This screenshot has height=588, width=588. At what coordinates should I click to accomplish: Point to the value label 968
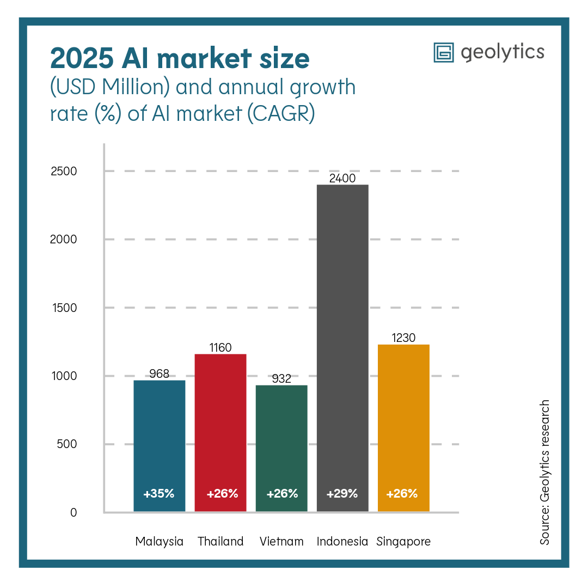click(160, 374)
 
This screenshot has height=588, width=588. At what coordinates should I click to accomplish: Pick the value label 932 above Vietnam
click(281, 379)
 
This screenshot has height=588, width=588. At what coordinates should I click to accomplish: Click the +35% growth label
click(159, 494)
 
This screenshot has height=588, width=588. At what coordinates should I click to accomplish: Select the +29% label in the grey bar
click(342, 494)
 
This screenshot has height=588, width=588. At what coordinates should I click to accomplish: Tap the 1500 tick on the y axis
click(64, 308)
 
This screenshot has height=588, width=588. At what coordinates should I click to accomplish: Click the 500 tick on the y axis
click(67, 444)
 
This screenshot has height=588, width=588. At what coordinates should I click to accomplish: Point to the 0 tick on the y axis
click(73, 512)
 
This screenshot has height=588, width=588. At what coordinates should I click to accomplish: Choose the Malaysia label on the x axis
click(159, 542)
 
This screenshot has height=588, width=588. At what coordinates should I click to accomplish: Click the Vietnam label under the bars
click(281, 542)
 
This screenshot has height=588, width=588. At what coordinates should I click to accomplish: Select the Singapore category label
click(403, 542)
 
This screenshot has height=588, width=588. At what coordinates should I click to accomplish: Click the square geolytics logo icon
click(444, 53)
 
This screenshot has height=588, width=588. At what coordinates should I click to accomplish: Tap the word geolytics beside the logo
click(502, 52)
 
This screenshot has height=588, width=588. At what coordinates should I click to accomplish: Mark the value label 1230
click(403, 338)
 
